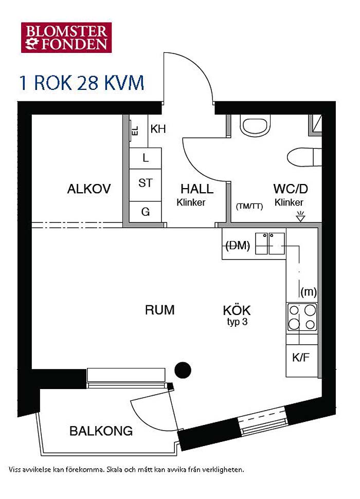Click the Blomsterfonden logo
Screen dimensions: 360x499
pos(66,37)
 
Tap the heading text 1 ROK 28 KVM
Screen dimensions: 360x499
pos(82,83)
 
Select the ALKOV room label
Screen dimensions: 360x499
pos(89,189)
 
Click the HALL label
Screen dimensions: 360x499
pos(197,189)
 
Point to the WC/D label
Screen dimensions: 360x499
pos(291,189)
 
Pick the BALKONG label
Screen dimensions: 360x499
pos(101,431)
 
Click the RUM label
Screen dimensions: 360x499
pos(159,310)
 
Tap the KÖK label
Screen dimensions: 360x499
pos(237,310)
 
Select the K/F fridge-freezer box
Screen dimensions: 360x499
pos(302,361)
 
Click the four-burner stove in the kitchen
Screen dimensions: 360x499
pos(302,317)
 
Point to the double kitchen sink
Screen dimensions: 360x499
pos(270,244)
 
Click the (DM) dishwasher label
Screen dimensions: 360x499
pos(238,245)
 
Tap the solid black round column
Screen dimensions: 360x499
pos(183,370)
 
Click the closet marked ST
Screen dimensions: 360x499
pos(145,185)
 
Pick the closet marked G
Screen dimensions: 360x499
pos(145,212)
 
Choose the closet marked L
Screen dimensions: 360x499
pos(145,158)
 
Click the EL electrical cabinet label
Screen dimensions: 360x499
pos(135,130)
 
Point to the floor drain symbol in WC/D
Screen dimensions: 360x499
pos(300,216)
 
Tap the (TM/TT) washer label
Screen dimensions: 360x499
pos(249,206)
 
